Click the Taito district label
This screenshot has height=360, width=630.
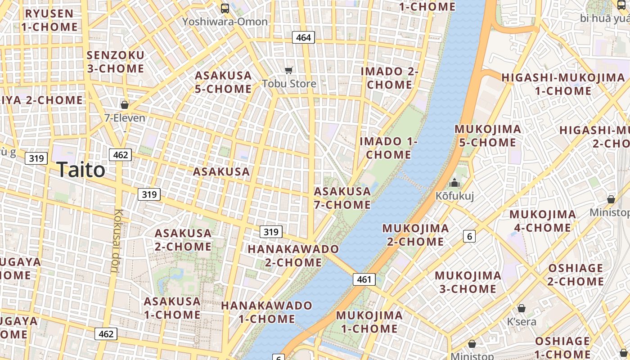81,170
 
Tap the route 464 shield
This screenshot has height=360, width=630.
303,37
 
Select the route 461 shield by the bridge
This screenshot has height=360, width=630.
364,279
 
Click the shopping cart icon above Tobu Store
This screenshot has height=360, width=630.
289,70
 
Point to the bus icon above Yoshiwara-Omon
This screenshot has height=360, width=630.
225,8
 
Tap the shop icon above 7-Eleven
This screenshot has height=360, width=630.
125,105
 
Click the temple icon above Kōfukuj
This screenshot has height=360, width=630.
454,183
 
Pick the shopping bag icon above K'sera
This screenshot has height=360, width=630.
521,308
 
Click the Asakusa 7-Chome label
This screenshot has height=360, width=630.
342,198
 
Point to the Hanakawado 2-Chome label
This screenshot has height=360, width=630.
293,255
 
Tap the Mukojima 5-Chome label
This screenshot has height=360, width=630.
488,135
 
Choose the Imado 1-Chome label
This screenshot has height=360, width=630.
388,148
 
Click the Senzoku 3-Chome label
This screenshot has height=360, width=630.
116,62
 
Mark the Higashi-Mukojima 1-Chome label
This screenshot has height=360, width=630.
563,84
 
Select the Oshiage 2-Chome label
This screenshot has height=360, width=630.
576,274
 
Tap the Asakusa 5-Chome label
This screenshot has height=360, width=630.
223,82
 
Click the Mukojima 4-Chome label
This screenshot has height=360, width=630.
542,220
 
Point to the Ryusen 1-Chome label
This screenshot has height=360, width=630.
49,20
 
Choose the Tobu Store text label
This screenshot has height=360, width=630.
289,84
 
